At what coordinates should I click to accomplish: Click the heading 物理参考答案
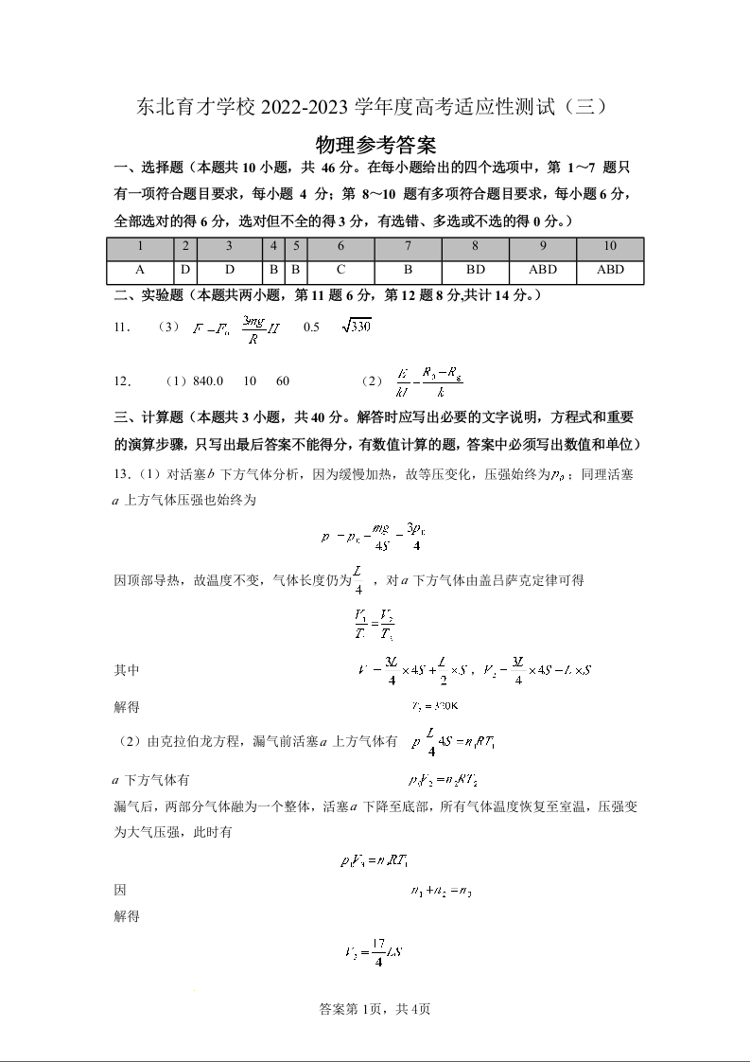click(375, 145)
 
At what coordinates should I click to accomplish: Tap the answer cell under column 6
click(340, 270)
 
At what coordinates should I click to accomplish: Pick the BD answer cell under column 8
click(476, 270)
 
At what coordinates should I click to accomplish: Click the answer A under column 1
click(140, 270)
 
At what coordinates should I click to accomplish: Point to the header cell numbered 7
click(408, 247)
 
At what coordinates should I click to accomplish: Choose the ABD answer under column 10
click(610, 270)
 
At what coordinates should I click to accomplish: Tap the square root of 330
click(356, 327)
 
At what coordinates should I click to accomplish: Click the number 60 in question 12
click(283, 381)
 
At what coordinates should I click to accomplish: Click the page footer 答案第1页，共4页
click(375, 1009)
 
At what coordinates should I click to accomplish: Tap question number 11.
click(121, 327)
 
